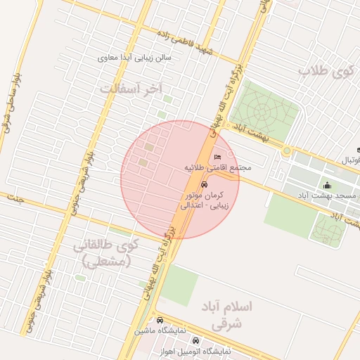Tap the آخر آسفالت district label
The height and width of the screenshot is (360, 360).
point(131,89)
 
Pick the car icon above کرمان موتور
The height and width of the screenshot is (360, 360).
point(204,184)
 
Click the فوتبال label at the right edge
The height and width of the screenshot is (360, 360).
point(351,160)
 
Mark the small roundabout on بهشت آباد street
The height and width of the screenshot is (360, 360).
point(286,150)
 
